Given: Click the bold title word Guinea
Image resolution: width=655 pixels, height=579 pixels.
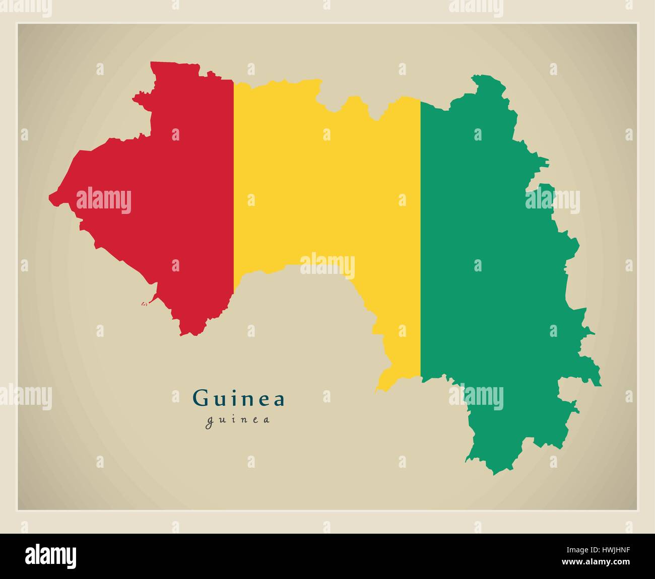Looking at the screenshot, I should click(239, 399).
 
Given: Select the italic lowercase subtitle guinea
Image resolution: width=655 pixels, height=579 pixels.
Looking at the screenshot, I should click(237, 420).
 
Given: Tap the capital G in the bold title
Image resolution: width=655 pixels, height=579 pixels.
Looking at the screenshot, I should click(200, 399).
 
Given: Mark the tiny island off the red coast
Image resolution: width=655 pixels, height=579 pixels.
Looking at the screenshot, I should click(144, 304).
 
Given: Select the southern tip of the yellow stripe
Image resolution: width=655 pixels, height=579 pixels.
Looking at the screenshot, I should click(377, 389).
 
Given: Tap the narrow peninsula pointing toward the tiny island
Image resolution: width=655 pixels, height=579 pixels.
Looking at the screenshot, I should click(151, 299).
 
